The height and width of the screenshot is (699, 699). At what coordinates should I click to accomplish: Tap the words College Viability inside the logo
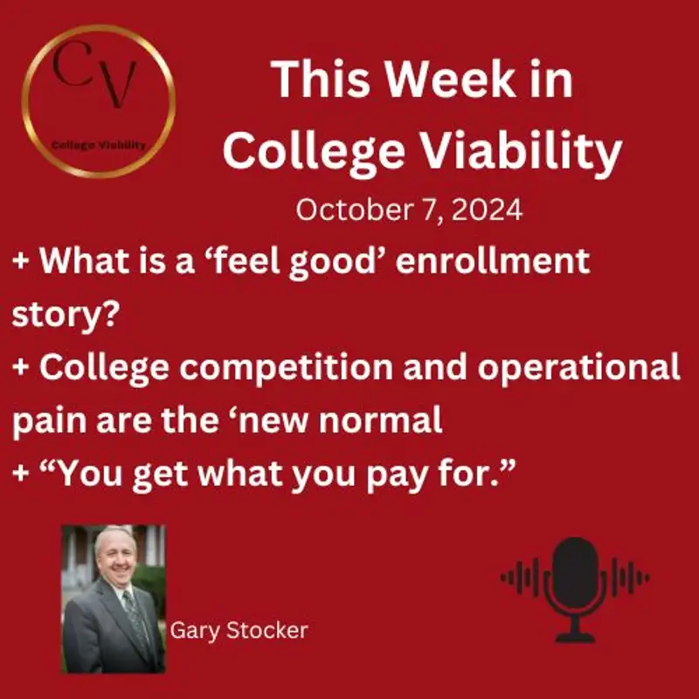pos(98,145)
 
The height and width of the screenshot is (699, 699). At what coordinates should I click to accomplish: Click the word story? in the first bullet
pos(65,315)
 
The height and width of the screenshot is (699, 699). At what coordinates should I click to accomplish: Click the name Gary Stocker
pos(239,630)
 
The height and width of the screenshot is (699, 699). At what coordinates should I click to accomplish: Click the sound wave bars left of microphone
pos(521,578)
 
